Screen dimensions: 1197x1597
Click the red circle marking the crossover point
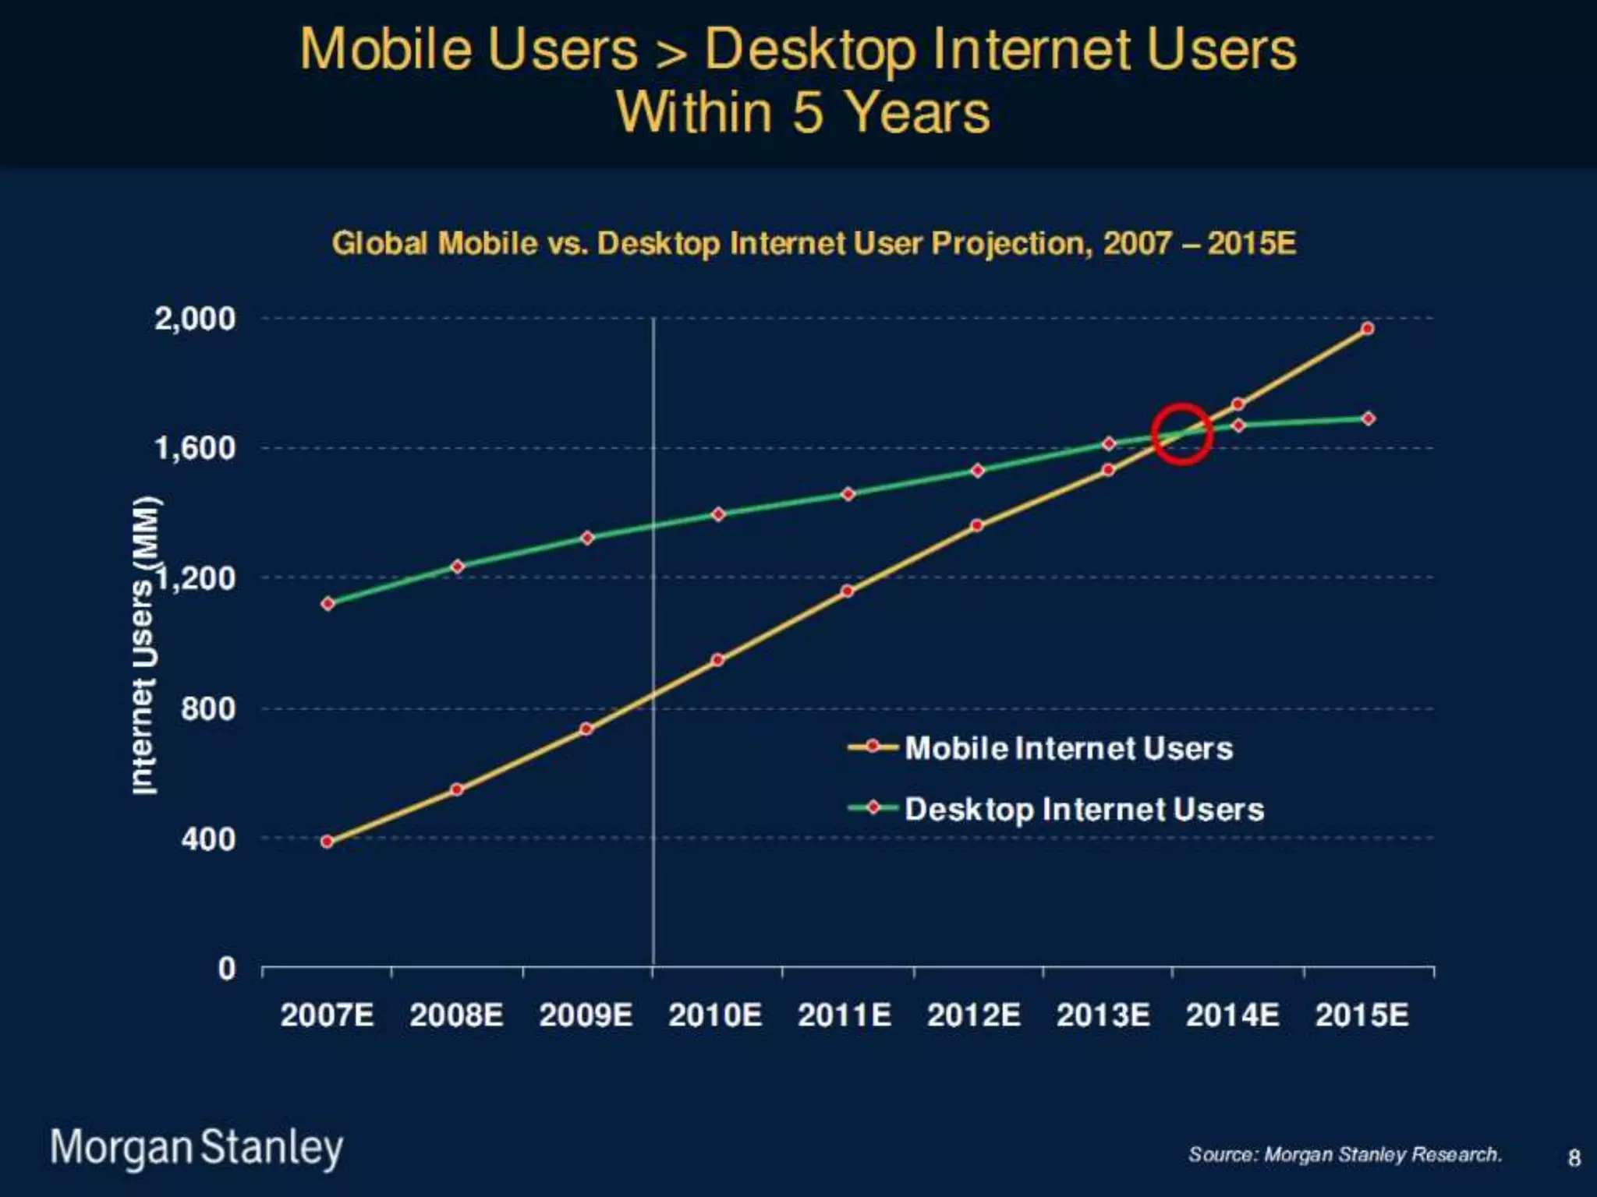tap(1181, 434)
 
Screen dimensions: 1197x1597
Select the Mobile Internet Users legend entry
tap(1068, 748)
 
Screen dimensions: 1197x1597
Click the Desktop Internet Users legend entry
tap(1084, 809)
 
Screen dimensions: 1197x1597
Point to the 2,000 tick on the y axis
tap(195, 319)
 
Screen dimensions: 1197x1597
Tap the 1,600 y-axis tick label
tap(195, 448)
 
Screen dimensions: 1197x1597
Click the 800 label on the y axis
tap(207, 708)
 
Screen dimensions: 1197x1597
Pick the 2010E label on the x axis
tap(715, 1015)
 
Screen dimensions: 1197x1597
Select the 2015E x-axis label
tap(1362, 1015)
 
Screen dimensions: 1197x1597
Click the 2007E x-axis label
tap(327, 1015)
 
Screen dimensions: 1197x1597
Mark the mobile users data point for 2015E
tap(1368, 329)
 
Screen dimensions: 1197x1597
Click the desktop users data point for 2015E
tap(1368, 418)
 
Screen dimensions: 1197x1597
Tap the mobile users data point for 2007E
tap(328, 842)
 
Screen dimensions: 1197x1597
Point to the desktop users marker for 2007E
tap(328, 603)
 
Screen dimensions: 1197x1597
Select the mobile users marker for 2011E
tap(848, 591)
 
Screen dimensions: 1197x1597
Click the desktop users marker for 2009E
tap(587, 538)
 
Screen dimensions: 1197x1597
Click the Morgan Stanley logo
tap(197, 1147)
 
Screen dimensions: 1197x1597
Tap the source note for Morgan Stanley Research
tap(1344, 1154)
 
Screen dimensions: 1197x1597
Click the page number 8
tap(1574, 1158)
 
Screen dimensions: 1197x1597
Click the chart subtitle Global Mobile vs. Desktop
tap(813, 243)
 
